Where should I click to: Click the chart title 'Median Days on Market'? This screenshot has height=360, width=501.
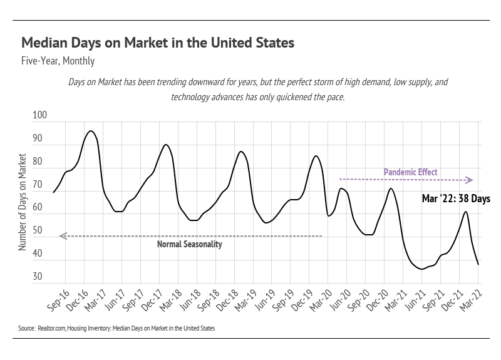point(158,43)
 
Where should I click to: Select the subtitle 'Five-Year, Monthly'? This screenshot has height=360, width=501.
point(58,61)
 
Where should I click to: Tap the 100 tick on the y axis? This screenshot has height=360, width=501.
point(39,116)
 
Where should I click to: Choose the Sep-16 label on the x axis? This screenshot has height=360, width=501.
point(58,300)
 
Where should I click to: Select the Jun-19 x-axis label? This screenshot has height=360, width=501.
point(263,300)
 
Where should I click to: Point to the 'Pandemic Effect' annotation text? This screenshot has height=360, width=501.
point(410,172)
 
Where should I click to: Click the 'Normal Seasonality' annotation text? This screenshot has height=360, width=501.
point(189,244)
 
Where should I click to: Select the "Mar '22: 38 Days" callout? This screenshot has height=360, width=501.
point(456,198)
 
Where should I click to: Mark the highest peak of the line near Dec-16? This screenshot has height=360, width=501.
point(91,131)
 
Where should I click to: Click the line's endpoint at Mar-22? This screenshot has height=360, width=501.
point(478,264)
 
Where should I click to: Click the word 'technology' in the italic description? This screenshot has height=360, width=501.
point(190,98)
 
